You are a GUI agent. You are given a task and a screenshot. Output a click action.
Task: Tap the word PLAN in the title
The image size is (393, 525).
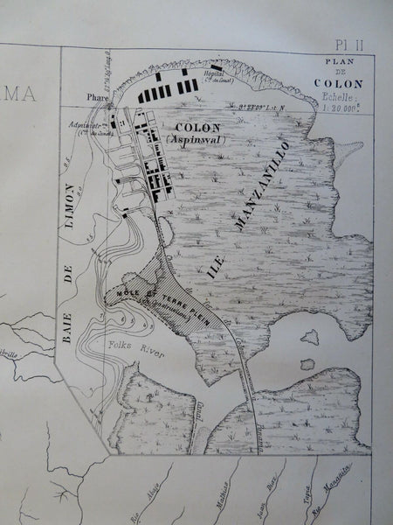342,62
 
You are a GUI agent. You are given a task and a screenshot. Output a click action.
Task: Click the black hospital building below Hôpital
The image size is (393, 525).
216,66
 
